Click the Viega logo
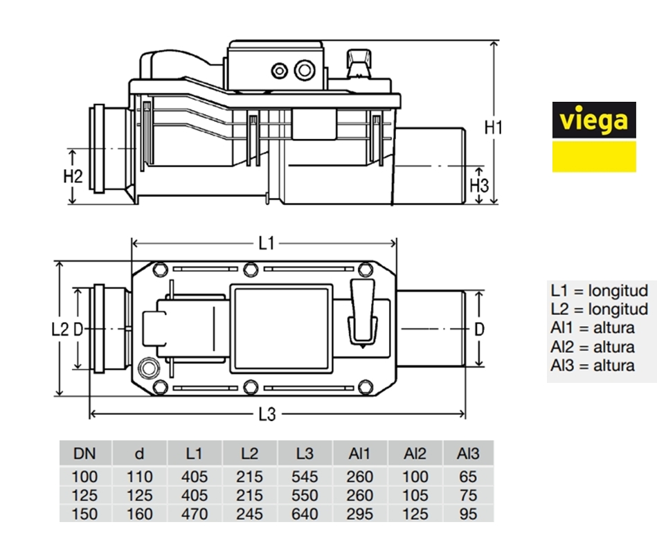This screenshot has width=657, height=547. (593, 136)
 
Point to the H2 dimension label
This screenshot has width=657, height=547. (73, 176)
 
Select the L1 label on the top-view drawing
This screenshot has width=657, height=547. (267, 242)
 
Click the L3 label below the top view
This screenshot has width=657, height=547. (267, 415)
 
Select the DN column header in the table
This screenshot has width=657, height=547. (85, 454)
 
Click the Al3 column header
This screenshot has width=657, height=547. (468, 454)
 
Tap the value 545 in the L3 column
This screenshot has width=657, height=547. (305, 477)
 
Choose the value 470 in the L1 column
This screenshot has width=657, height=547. (195, 514)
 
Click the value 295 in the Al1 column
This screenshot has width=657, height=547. (359, 514)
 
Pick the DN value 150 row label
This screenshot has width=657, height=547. (85, 514)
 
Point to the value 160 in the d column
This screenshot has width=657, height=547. (140, 514)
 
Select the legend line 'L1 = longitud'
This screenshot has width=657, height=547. (600, 290)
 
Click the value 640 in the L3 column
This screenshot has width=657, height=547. (305, 514)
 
